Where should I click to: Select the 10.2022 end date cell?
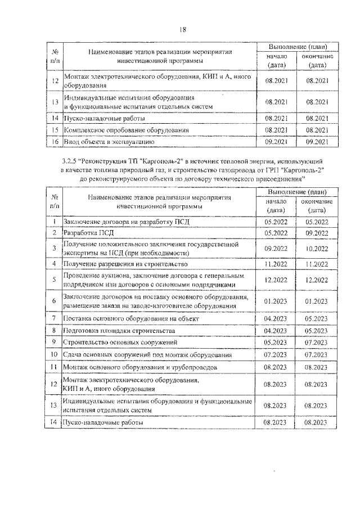pyautogui.click(x=316, y=248)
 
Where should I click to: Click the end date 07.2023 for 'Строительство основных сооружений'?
pyautogui.click(x=316, y=341)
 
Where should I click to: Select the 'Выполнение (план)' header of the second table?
pyautogui.click(x=295, y=192)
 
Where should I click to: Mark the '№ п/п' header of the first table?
pyautogui.click(x=55, y=55)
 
